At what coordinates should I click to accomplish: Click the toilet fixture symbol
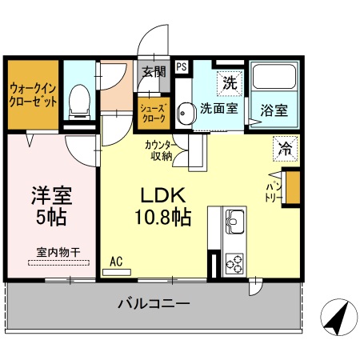pos(79,101)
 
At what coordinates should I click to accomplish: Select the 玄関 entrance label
pos(154,71)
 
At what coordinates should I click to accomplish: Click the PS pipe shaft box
pos(182,68)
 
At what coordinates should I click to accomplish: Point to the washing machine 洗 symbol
pos(230,81)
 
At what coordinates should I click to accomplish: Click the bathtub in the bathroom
pos(274,79)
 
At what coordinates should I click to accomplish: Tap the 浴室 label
pos(274,111)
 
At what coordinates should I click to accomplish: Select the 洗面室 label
pos(218,108)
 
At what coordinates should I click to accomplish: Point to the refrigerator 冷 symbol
pos(284,146)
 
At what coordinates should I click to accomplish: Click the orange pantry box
pos(294,190)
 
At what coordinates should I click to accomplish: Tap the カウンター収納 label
pos(158,151)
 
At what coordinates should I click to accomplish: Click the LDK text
pos(164,195)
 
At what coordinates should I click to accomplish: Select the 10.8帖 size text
pos(162,216)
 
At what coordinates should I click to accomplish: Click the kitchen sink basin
pos(236,218)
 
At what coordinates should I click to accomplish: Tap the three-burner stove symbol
pos(236,262)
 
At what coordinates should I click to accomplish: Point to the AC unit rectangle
pos(117,271)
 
